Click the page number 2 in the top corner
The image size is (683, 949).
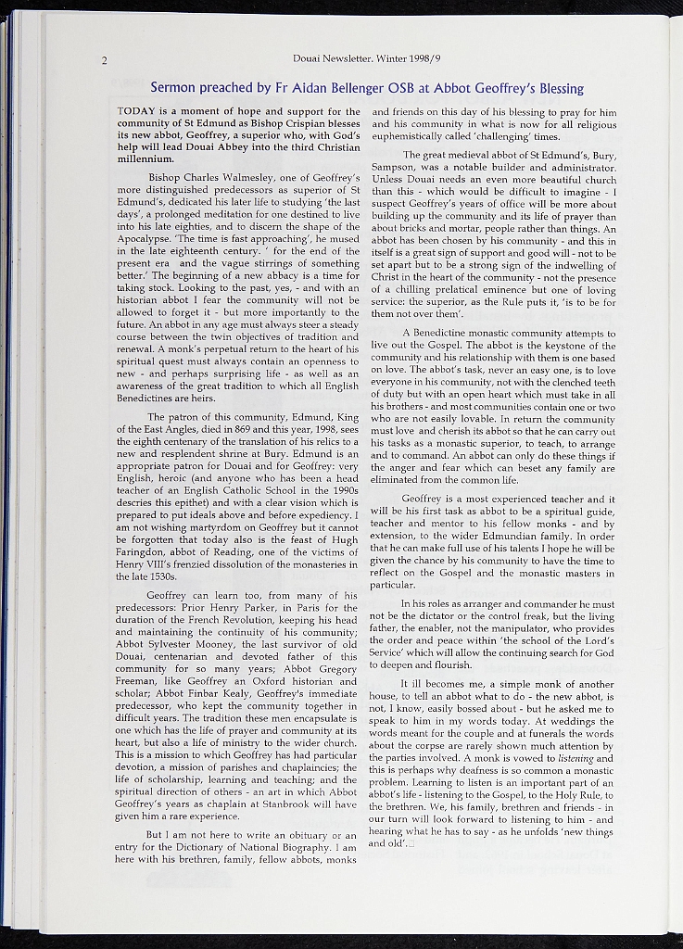[106, 61]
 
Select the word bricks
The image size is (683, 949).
[421, 227]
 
